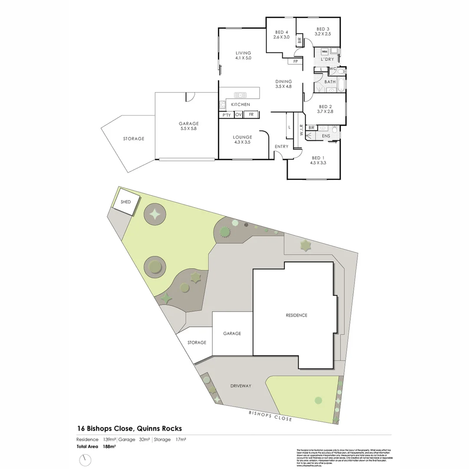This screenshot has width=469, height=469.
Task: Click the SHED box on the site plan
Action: click(126, 202)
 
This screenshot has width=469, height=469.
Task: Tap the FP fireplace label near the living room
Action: click(296, 61)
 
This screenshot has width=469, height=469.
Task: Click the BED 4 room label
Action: click(281, 33)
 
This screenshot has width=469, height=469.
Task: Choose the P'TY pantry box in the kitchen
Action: click(226, 115)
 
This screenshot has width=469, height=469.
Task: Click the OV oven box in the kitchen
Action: click(238, 115)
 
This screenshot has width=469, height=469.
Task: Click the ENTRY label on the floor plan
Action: click(281, 146)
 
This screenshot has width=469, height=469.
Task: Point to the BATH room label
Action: click(330, 82)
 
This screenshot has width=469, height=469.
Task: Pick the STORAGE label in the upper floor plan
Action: click(133, 139)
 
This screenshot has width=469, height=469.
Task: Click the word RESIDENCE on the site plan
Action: click(297, 315)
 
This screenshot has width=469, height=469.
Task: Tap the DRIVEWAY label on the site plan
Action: click(241, 386)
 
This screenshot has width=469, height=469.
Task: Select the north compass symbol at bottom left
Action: click(86, 459)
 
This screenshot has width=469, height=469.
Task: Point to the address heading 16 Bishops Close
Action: click(129, 428)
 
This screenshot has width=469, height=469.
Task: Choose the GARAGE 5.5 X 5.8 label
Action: click(189, 126)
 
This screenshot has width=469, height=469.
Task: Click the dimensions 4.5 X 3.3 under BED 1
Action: click(318, 163)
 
